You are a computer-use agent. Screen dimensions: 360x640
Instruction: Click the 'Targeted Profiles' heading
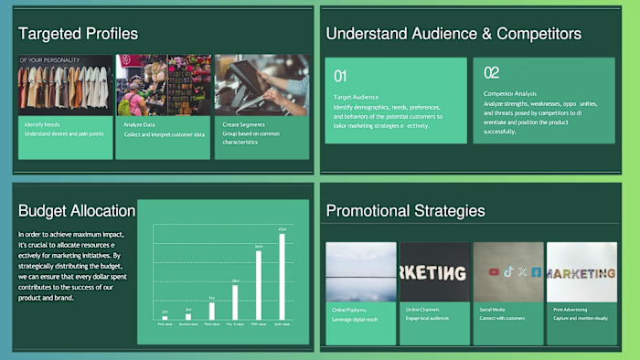(78, 34)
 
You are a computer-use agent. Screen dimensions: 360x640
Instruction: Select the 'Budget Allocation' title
(77, 211)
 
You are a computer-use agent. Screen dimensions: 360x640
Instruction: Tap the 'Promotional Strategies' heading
(405, 211)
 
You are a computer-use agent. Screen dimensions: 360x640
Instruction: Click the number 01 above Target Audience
(340, 76)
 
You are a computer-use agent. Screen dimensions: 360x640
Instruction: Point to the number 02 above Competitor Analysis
(491, 73)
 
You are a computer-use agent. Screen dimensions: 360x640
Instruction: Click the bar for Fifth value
(259, 284)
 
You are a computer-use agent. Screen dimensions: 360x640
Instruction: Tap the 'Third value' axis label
(211, 323)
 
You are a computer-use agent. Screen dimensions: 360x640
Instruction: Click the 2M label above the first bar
(165, 312)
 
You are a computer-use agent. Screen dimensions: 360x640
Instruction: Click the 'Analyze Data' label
(139, 123)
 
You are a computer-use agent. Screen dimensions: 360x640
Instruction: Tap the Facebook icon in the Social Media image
(536, 271)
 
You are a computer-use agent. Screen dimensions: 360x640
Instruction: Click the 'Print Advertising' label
(570, 310)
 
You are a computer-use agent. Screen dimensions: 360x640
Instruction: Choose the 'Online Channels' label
(422, 310)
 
